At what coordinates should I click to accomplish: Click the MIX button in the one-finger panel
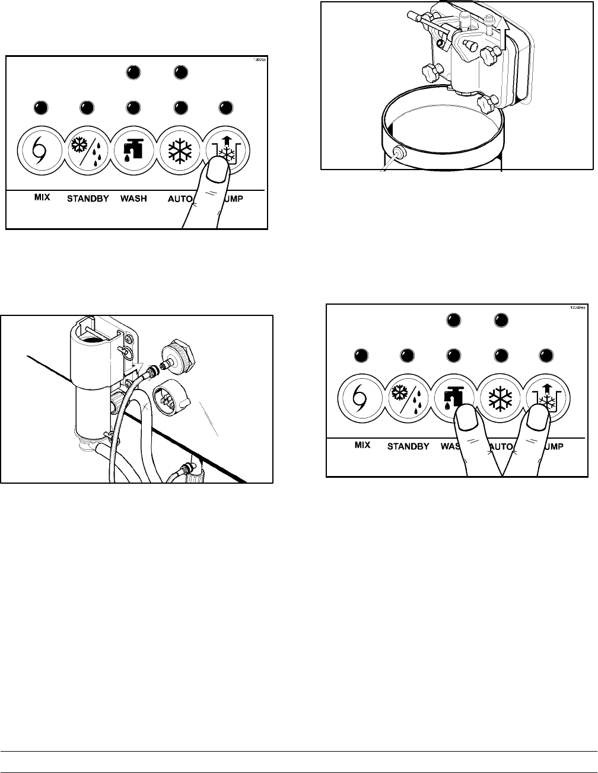[x=42, y=149]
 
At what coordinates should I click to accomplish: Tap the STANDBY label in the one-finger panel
[x=87, y=198]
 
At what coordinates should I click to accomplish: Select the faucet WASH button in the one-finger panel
[x=134, y=149]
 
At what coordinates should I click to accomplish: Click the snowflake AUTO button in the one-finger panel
[x=180, y=149]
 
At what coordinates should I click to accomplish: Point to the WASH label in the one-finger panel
[x=133, y=198]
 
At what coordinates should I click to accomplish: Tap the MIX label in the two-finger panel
[x=362, y=444]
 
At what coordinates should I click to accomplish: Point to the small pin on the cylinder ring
[x=398, y=153]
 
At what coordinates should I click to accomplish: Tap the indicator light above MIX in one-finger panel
[x=41, y=108]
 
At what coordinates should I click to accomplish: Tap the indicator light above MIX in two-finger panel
[x=361, y=356]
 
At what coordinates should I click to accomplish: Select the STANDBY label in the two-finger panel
[x=408, y=446]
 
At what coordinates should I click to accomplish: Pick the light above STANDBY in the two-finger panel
[x=407, y=356]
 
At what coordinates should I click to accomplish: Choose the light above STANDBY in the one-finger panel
[x=87, y=108]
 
